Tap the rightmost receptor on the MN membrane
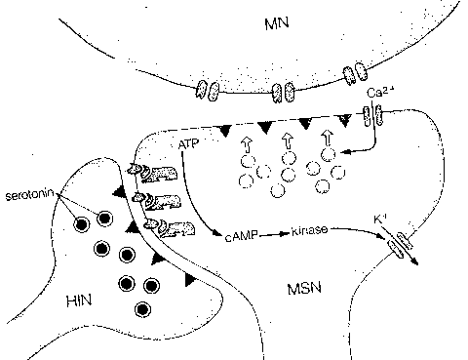[353, 76]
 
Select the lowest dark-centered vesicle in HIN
[143, 310]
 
